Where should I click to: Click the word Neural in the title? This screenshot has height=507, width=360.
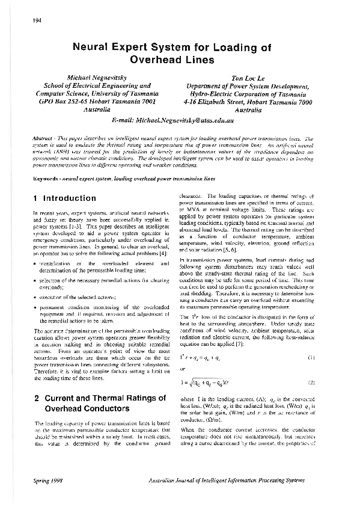point(96,48)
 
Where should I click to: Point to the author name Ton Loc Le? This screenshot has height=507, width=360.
point(249,78)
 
